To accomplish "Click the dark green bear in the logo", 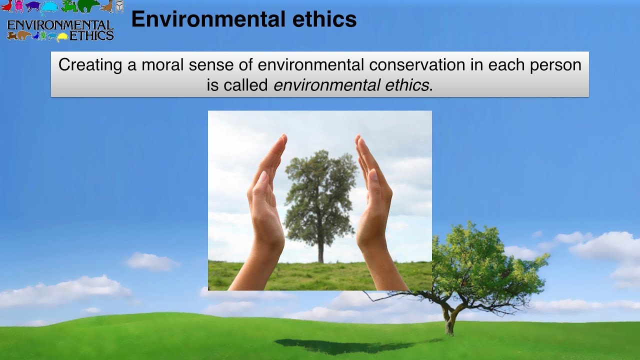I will pyautogui.click(x=88, y=6).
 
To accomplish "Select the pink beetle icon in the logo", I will pyautogui.click(x=19, y=6).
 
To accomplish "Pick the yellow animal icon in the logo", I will pyautogui.click(x=62, y=36).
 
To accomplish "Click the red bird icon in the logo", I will pyautogui.click(x=6, y=6).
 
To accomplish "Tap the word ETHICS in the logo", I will pyautogui.click(x=91, y=35).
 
